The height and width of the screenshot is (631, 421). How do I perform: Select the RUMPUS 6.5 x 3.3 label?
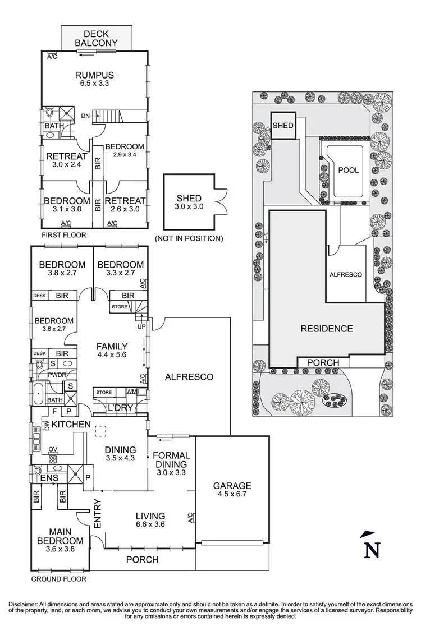(95, 80)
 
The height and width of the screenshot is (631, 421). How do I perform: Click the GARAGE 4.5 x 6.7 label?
(232, 490)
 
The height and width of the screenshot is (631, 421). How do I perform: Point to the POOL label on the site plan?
(348, 170)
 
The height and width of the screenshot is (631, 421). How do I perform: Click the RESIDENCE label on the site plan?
(326, 329)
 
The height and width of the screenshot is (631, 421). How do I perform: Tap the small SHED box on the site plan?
(283, 125)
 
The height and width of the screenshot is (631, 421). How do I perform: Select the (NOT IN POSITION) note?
(189, 238)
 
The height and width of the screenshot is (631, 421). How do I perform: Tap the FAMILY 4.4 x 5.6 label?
(112, 351)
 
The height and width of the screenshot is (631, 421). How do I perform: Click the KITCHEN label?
(70, 425)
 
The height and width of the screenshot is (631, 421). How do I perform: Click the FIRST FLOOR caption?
(63, 235)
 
